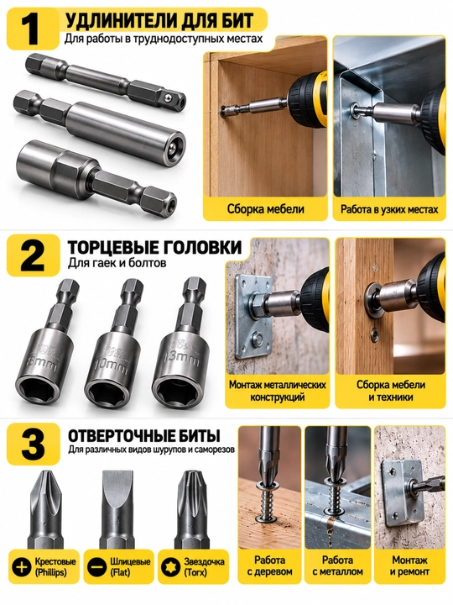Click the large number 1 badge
pyautogui.click(x=33, y=29)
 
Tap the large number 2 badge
pyautogui.click(x=33, y=255)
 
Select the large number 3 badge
pyautogui.click(x=33, y=444)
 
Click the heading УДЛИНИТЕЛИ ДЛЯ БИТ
pyautogui.click(x=159, y=21)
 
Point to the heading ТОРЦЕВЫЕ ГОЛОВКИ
pyautogui.click(x=155, y=248)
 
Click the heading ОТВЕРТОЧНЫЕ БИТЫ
pyautogui.click(x=144, y=436)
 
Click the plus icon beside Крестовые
pyautogui.click(x=22, y=567)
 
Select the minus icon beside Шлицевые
pyautogui.click(x=96, y=567)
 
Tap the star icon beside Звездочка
pyautogui.click(x=170, y=567)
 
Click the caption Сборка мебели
pyautogui.click(x=265, y=209)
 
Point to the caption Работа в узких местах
pyautogui.click(x=389, y=209)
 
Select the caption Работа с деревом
pyautogui.click(x=269, y=566)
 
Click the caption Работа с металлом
pyautogui.click(x=337, y=566)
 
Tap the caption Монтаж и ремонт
pyautogui.click(x=409, y=566)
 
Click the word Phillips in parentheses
pyautogui.click(x=51, y=572)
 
